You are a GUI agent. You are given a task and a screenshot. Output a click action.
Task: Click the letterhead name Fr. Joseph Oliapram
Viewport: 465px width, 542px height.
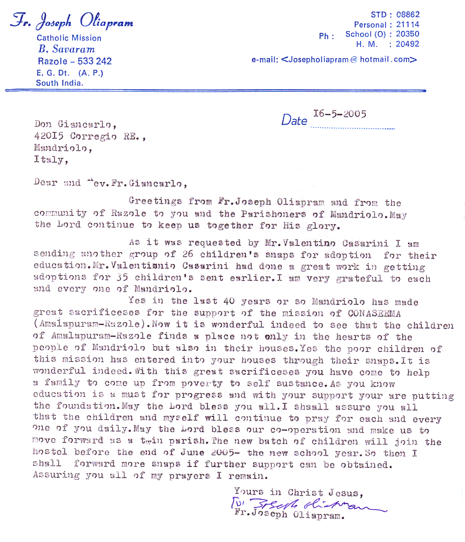(x=71, y=23)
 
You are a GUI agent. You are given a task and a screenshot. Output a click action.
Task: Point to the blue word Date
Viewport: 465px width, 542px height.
(x=294, y=120)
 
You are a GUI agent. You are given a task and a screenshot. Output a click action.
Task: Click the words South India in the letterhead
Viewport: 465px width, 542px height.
(x=59, y=83)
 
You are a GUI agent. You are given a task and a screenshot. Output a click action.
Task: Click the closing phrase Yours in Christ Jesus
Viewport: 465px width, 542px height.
(x=298, y=492)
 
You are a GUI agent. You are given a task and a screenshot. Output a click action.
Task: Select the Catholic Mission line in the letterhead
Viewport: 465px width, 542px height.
(x=69, y=38)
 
